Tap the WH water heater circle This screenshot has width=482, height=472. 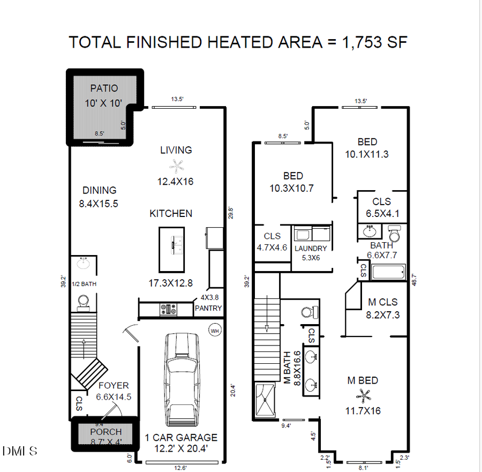pyautogui.click(x=215, y=331)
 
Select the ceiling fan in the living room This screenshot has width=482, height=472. pyautogui.click(x=176, y=166)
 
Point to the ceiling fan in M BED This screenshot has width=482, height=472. pyautogui.click(x=364, y=396)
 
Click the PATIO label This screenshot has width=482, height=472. pyautogui.click(x=104, y=88)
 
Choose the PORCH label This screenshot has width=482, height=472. pyautogui.click(x=106, y=432)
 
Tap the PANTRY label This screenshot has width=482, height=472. pyautogui.click(x=208, y=309)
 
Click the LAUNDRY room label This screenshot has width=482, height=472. pyautogui.click(x=311, y=249)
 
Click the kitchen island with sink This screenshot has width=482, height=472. pyautogui.click(x=171, y=249)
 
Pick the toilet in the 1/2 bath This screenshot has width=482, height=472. pyautogui.click(x=84, y=303)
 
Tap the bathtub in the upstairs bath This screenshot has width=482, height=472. pyautogui.click(x=388, y=272)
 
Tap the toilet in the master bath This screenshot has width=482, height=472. pyautogui.click(x=307, y=312)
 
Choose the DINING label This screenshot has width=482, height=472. pyautogui.click(x=99, y=190)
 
